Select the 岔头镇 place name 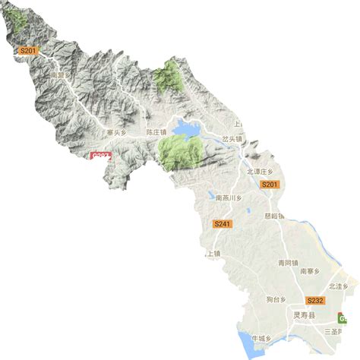coord(231,140)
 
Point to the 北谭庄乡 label coord(259,172)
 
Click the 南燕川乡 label coord(228,198)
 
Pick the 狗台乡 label coord(279,299)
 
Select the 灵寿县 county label coord(305,314)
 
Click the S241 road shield coord(222,224)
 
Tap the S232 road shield coord(315,301)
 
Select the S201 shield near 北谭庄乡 coord(270,185)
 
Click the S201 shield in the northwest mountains coord(28,51)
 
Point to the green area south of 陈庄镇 coord(179,152)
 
